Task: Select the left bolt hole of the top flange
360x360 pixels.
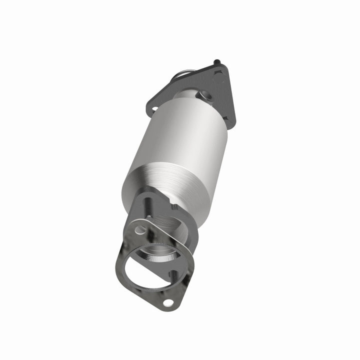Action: (x=154, y=108)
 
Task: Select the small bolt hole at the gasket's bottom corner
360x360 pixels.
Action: (x=169, y=302)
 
